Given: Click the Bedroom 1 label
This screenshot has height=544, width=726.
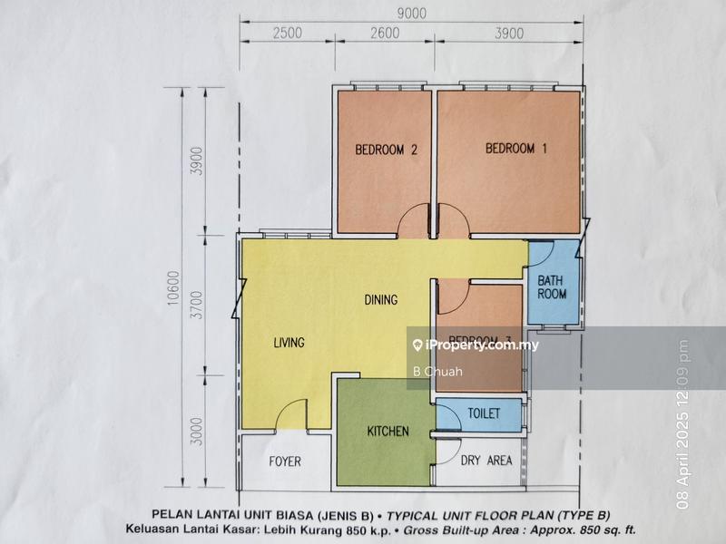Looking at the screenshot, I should click(515, 149).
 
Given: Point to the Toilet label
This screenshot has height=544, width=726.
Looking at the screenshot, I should click(484, 413).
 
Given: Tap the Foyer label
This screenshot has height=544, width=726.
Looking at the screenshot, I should click(284, 461).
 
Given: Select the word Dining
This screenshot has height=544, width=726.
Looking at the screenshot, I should click(381, 299).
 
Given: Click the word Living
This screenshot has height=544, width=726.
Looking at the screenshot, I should click(289, 343).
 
